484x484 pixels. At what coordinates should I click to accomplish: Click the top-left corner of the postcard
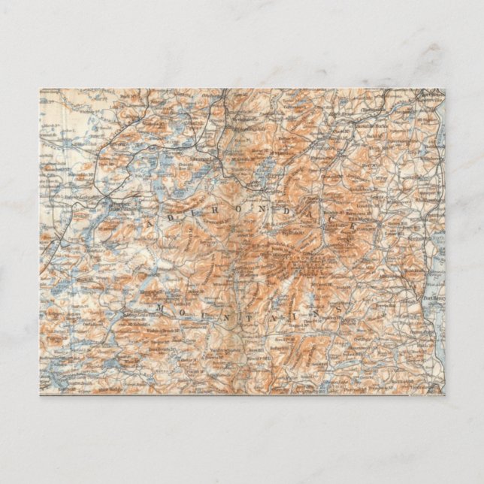click(40, 89)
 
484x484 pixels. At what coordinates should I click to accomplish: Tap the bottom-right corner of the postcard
click(445, 395)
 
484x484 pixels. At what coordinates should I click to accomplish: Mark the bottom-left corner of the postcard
click(40, 395)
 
